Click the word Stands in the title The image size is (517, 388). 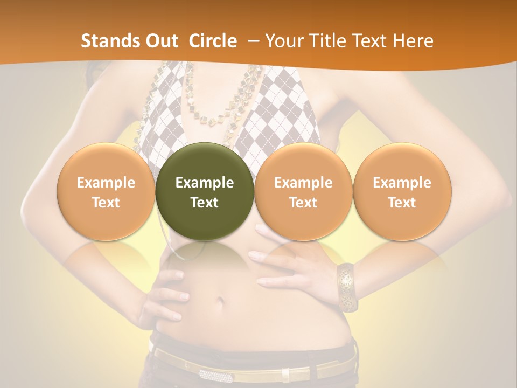coord(106,41)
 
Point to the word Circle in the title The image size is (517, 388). coord(213,41)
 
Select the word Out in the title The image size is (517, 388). coord(160,41)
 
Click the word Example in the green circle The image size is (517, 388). coord(205,183)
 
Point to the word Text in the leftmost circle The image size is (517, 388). coord(106,203)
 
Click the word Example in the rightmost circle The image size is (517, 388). coord(402,183)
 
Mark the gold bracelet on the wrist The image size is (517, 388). coord(346,287)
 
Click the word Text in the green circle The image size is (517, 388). coord(205,203)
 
